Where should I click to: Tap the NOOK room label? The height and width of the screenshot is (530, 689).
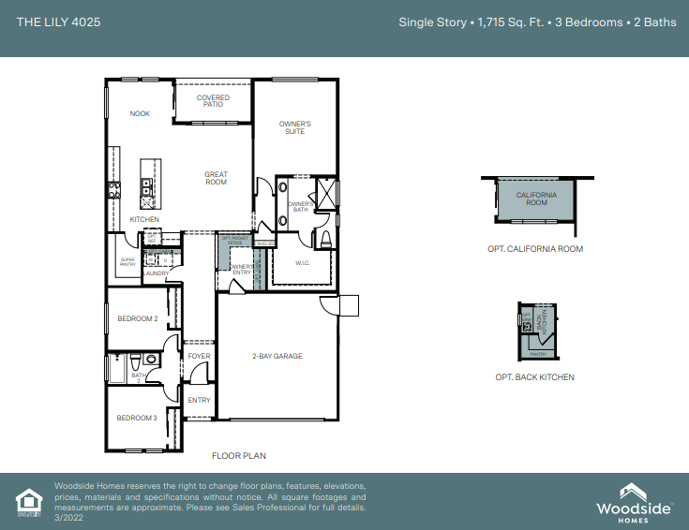[x=140, y=114]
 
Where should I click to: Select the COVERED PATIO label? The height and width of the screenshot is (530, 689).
[x=213, y=101]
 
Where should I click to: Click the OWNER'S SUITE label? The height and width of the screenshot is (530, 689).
[x=294, y=127]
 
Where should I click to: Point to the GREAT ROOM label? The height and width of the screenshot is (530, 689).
[x=217, y=178]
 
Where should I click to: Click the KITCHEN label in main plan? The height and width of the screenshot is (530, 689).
[x=144, y=219]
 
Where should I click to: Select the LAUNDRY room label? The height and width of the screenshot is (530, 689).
[x=156, y=273]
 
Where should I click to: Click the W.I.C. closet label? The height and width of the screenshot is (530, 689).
[x=303, y=263]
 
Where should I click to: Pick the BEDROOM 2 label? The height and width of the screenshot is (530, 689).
[x=137, y=319]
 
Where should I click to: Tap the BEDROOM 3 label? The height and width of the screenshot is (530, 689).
[x=137, y=418]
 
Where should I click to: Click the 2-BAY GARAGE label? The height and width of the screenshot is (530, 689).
[x=277, y=356]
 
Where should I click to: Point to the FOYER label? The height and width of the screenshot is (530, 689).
[x=199, y=356]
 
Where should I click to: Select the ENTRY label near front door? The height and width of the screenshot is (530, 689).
[x=199, y=400]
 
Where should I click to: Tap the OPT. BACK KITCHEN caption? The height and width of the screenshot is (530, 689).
[x=534, y=377]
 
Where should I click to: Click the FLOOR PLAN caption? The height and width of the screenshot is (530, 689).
[x=240, y=456]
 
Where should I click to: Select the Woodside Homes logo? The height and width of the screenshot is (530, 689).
[x=635, y=500]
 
